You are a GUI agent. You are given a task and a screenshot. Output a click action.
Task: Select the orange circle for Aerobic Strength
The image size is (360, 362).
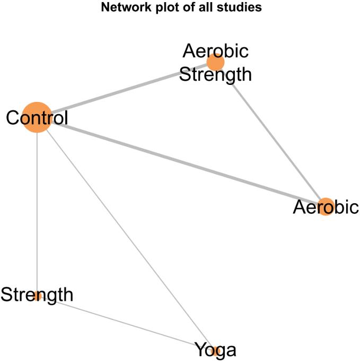(x=215, y=62)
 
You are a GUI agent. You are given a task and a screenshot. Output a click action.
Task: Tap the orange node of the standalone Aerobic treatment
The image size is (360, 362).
(x=324, y=206)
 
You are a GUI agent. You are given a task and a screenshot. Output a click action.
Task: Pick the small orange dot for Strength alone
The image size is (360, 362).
(x=37, y=296)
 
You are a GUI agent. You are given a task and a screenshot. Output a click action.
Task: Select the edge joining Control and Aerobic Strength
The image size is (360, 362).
(x=127, y=90)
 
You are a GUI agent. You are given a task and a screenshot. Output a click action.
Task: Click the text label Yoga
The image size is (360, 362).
(x=215, y=350)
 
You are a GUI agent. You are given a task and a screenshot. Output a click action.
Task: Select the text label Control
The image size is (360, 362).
(x=37, y=118)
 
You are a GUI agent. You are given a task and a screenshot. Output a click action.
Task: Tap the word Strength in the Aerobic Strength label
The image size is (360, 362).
(x=215, y=74)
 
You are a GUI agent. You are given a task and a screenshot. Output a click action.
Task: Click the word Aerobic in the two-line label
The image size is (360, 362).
(x=215, y=51)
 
